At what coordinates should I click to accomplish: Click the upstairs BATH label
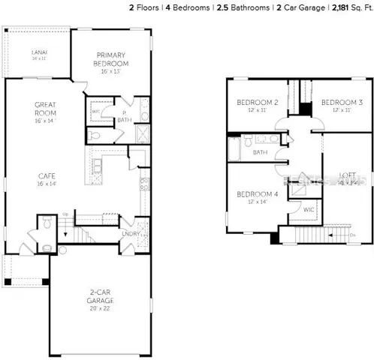pos(260,152)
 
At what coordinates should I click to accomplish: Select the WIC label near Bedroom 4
pos(309,209)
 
